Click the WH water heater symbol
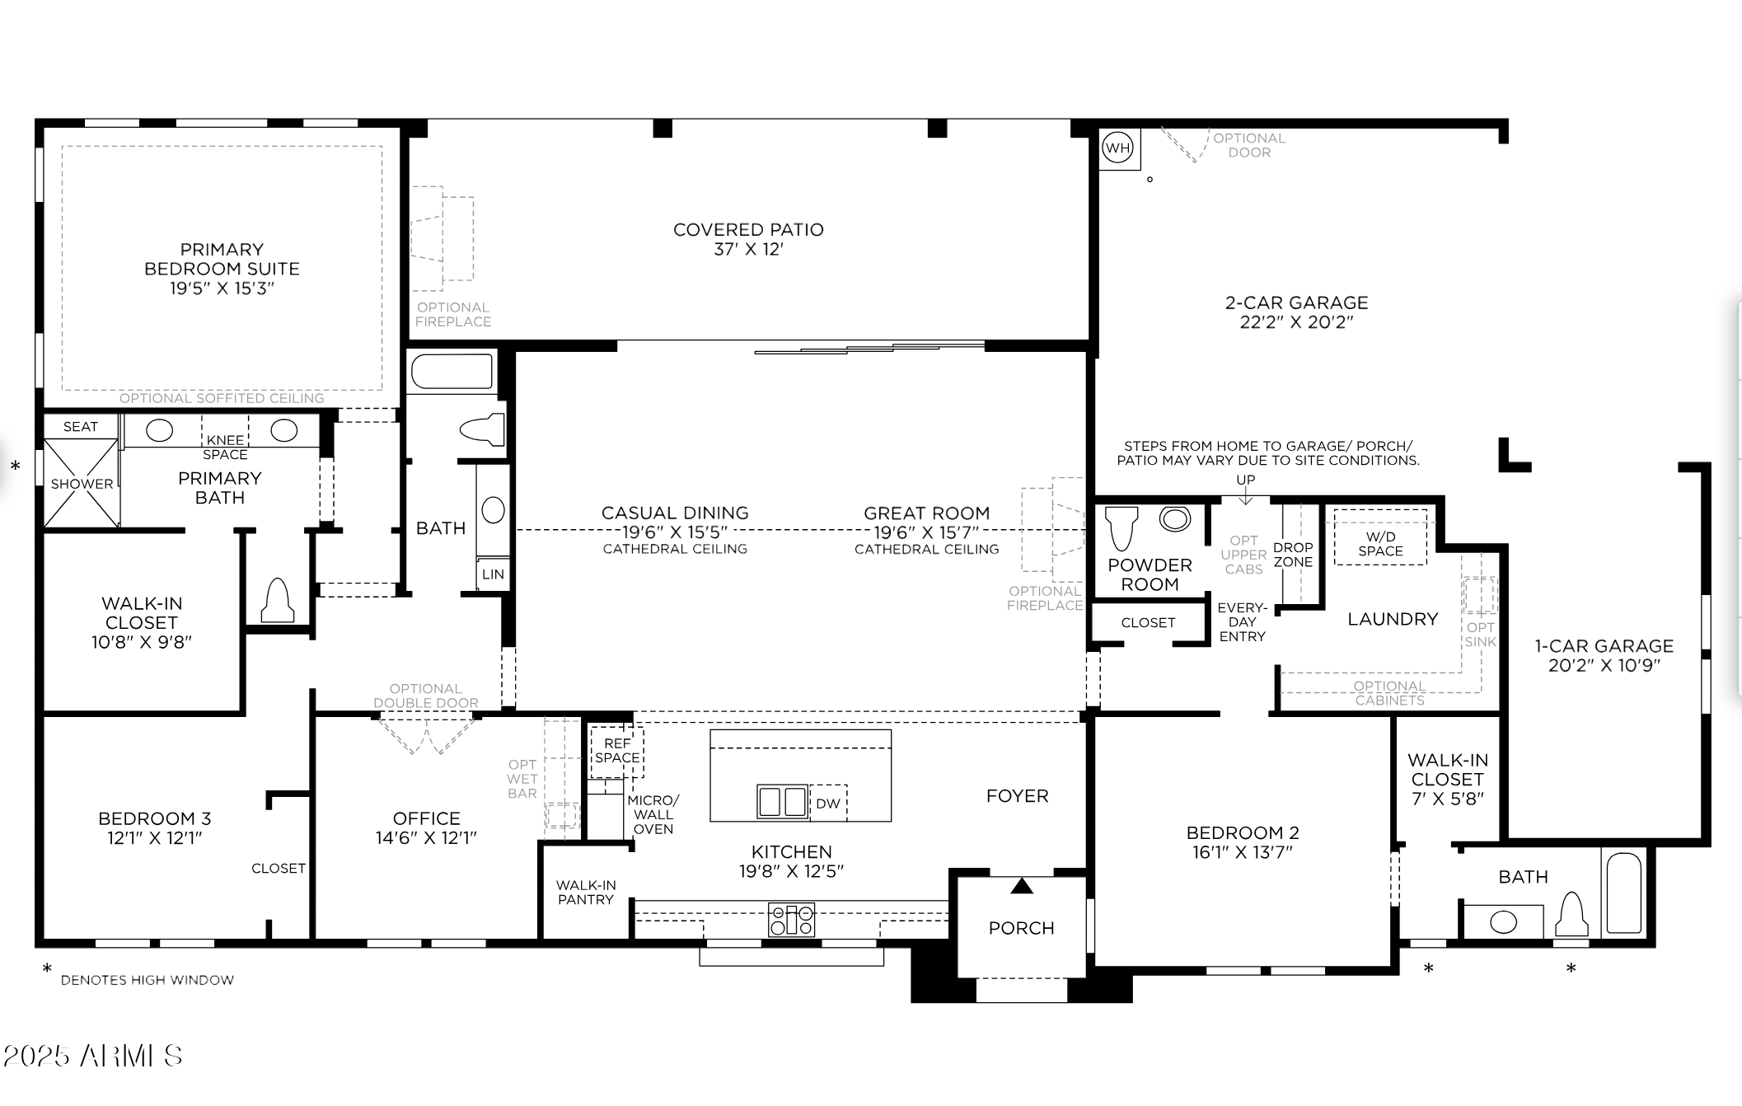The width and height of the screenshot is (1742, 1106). pos(1117,148)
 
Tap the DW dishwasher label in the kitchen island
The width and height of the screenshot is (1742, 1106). pos(827,804)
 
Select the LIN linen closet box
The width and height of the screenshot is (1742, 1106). pos(493,574)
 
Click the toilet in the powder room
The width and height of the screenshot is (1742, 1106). pos(1121,527)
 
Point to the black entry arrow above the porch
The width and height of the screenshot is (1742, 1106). pos(1022,886)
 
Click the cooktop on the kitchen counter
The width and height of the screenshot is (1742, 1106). pos(791,920)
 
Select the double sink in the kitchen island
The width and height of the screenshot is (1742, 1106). pos(782,801)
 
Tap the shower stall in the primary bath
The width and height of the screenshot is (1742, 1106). pos(81,483)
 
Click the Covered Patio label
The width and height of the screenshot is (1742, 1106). pos(748,230)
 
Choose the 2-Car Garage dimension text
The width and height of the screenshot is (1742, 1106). pos(1296,322)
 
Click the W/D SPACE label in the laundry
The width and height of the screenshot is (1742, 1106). pos(1380,544)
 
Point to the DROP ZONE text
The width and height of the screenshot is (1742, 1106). pos(1292,555)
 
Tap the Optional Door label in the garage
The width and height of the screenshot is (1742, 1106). pos(1248,145)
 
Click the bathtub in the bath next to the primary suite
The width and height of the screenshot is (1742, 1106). pos(452,372)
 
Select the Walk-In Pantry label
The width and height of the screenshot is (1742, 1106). pos(585,893)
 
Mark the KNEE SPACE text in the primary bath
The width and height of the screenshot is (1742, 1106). pos(225,448)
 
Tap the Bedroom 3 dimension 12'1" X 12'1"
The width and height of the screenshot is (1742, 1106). pos(154,838)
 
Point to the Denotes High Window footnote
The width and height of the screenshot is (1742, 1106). pos(147,980)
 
